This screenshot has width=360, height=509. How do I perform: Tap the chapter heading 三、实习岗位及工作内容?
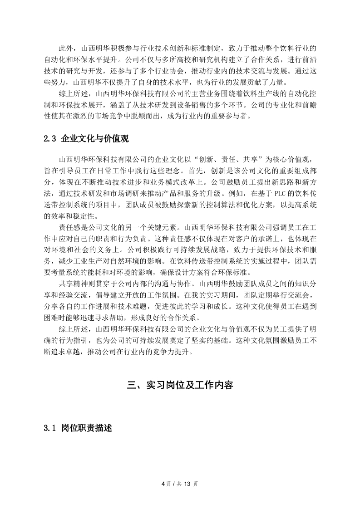click(180, 386)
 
